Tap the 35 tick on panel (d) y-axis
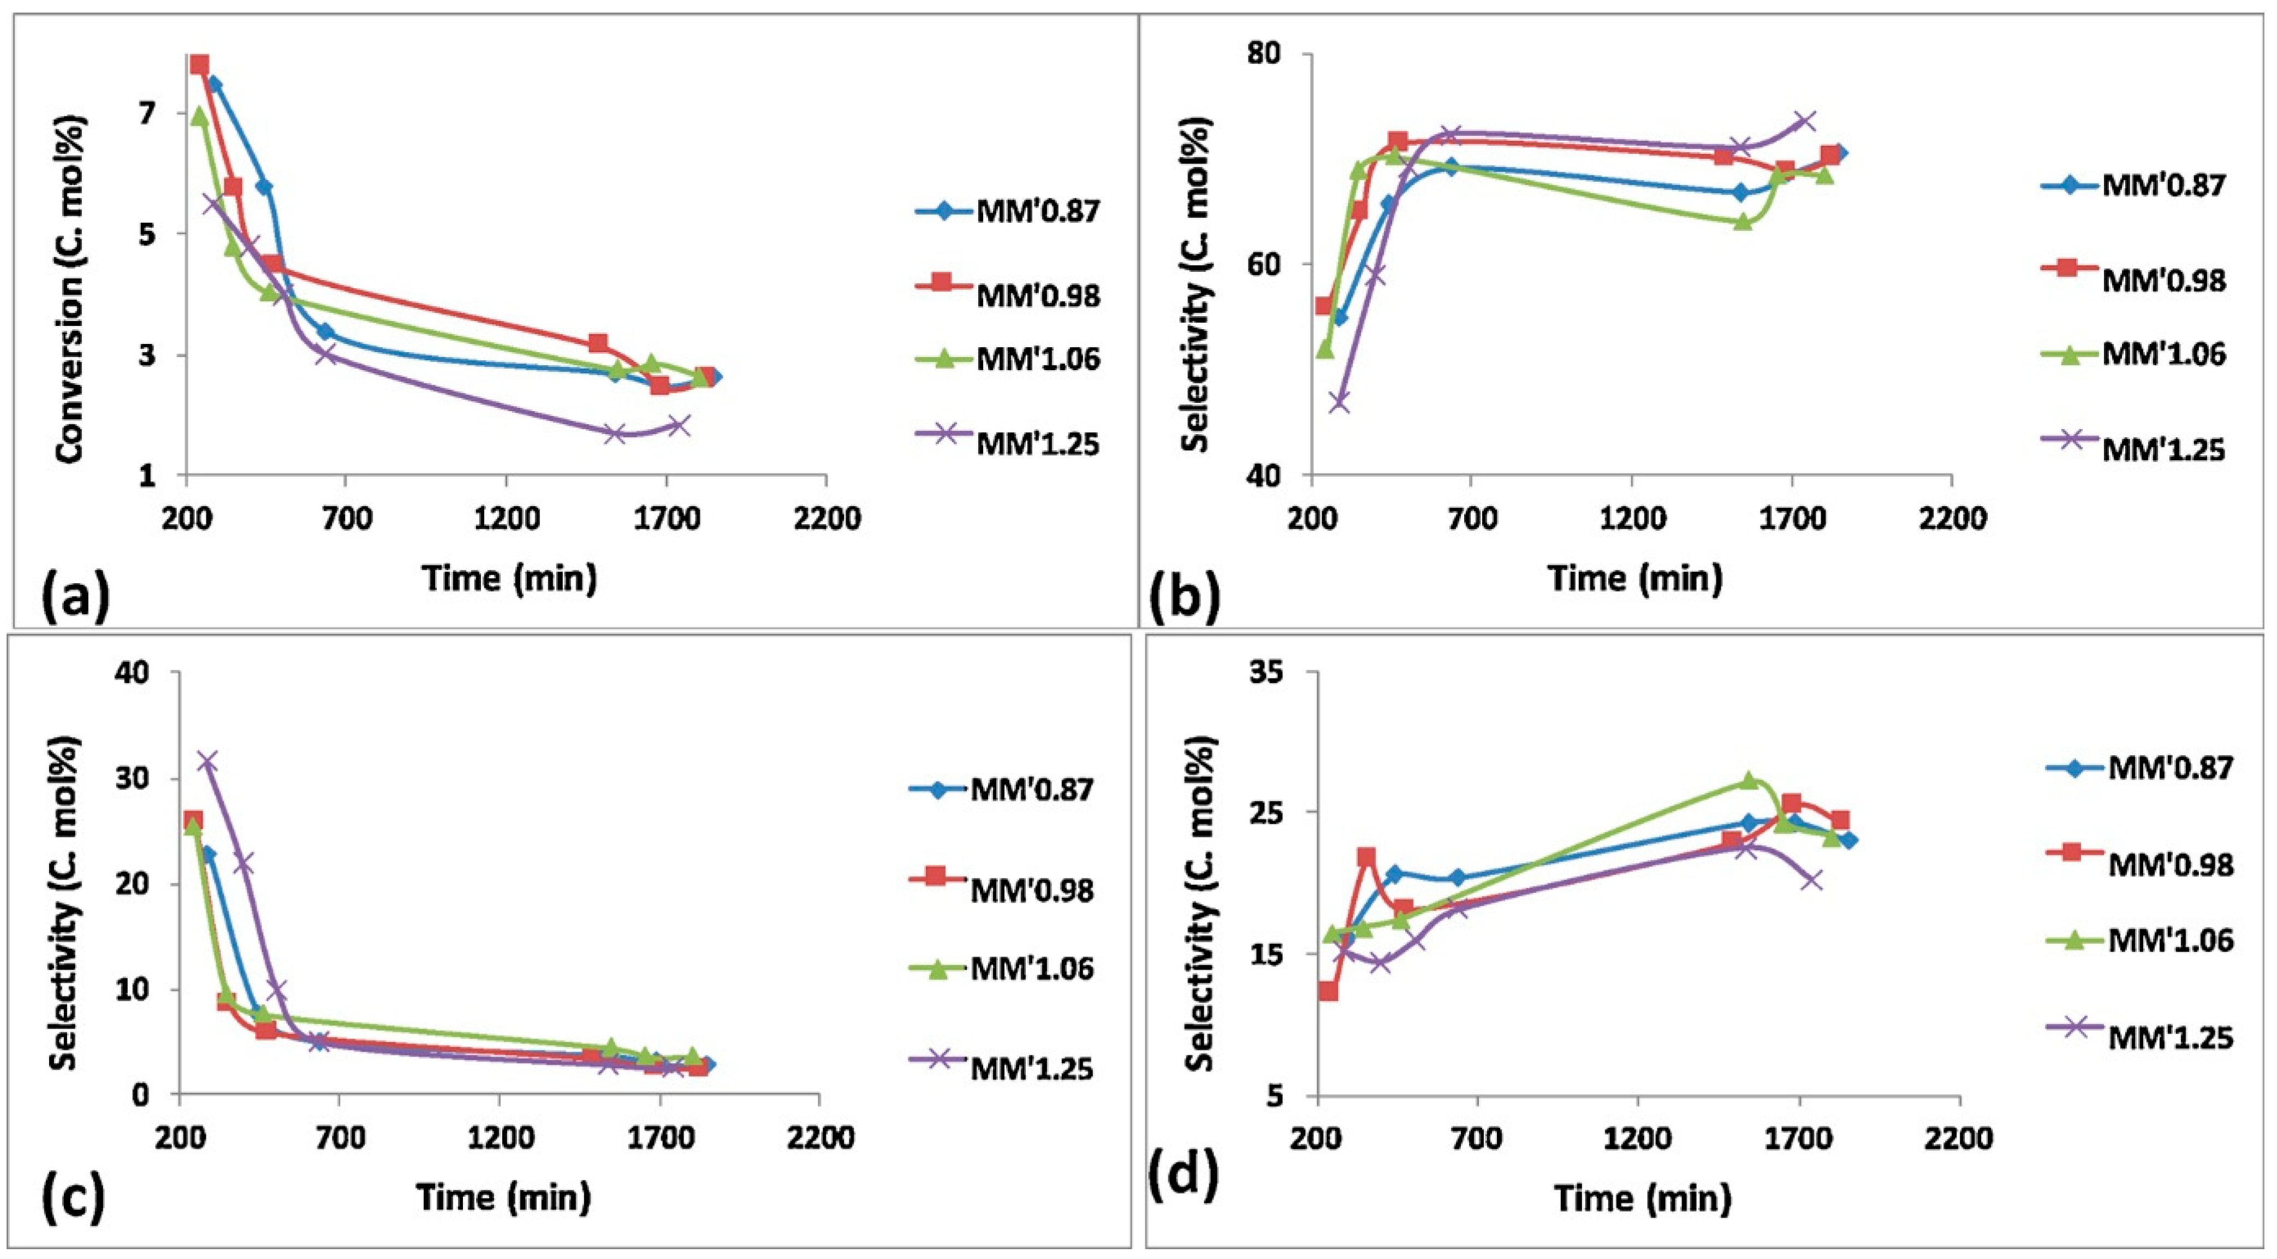click(x=1279, y=672)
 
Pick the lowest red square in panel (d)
click(x=1328, y=991)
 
